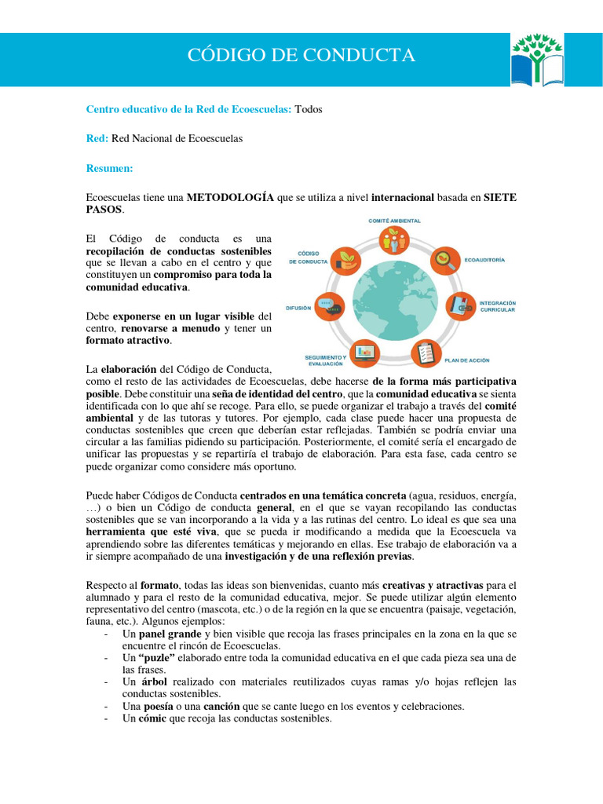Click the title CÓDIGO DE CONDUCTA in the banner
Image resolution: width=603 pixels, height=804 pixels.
pyautogui.click(x=301, y=56)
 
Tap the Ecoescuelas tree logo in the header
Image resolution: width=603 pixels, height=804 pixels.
pyautogui.click(x=537, y=59)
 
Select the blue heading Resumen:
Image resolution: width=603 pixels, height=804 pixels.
pyautogui.click(x=109, y=168)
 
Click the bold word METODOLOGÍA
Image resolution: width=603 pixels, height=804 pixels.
pyautogui.click(x=230, y=197)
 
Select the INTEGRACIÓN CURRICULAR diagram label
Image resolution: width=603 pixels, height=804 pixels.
pyautogui.click(x=497, y=306)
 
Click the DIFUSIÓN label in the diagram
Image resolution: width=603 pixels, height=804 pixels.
pyautogui.click(x=299, y=309)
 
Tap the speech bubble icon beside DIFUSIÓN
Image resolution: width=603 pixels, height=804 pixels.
pyautogui.click(x=332, y=306)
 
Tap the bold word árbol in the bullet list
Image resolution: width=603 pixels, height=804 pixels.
pyautogui.click(x=154, y=682)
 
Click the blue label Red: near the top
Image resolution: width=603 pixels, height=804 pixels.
pyautogui.click(x=97, y=138)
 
